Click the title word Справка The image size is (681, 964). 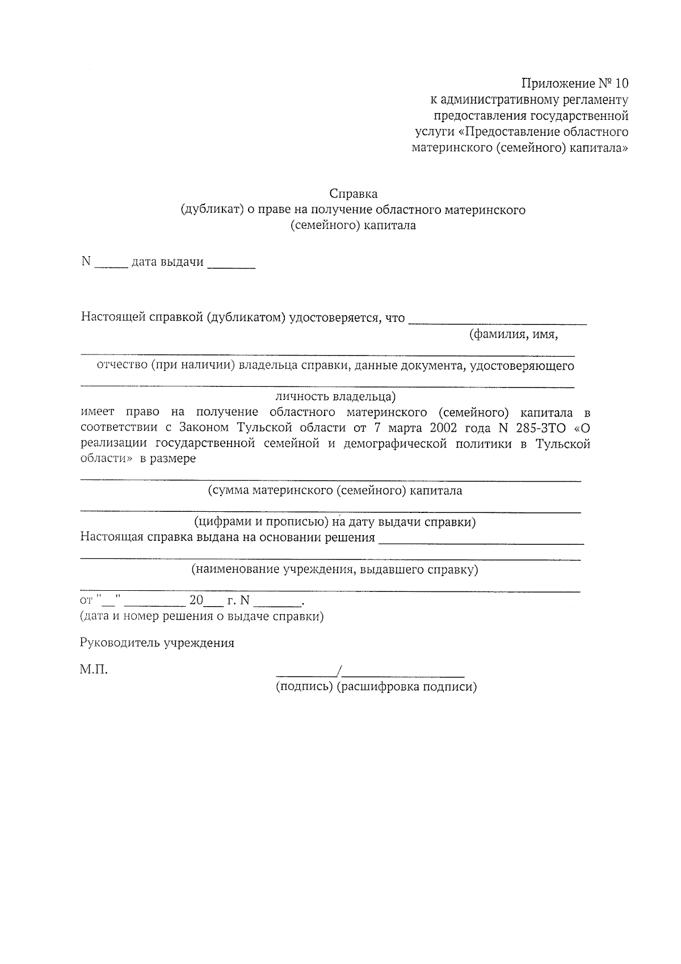point(353,194)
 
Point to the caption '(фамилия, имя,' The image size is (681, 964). point(513,335)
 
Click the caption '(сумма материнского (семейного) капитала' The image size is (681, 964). point(335,491)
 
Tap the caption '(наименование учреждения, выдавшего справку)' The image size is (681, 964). point(335,570)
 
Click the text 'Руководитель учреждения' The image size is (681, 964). point(157,644)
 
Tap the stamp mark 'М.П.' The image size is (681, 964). point(94,670)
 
